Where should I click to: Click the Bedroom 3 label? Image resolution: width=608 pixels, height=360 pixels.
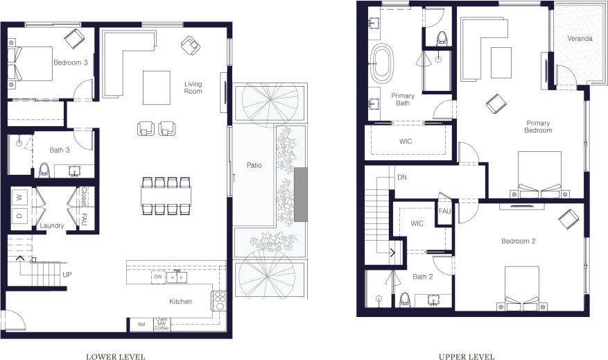(70, 62)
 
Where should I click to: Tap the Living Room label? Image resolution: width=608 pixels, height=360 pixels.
(193, 88)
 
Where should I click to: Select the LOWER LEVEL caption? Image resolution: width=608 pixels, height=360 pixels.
(115, 357)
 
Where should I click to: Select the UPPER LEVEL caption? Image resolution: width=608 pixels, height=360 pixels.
(467, 357)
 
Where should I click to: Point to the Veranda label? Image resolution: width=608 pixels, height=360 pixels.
(580, 39)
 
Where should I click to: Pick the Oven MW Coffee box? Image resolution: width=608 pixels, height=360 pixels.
(162, 324)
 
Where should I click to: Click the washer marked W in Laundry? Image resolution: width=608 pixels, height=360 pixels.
(20, 198)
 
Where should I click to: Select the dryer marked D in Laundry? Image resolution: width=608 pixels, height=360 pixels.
(20, 216)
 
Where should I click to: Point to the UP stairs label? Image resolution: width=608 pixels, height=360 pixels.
(67, 275)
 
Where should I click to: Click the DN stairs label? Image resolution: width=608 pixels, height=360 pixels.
(401, 178)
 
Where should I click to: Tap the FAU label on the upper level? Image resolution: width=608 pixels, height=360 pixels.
(444, 212)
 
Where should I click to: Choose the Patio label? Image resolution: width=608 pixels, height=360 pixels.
(254, 166)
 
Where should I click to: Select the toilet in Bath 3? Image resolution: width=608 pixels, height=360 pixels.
(44, 169)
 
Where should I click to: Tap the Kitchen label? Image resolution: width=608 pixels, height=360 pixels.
(182, 302)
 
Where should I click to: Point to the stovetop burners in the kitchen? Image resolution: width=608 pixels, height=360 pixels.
(219, 300)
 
